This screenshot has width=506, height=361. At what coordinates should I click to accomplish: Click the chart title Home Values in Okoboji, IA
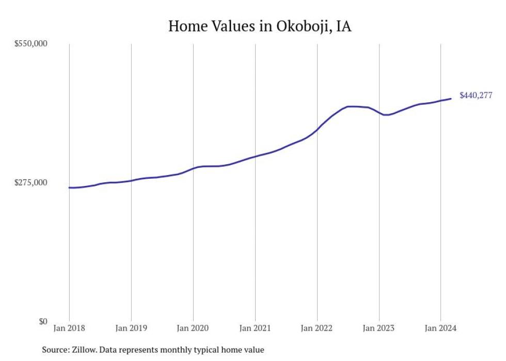[x=260, y=26]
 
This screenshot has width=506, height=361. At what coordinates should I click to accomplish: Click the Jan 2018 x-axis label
[x=69, y=328]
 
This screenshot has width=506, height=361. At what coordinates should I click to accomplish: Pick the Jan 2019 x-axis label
[x=131, y=328]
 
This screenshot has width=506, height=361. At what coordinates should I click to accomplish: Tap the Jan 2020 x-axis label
[x=193, y=328]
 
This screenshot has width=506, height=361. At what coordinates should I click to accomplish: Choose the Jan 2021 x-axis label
[x=255, y=328]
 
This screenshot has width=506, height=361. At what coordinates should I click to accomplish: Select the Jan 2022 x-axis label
[x=317, y=328]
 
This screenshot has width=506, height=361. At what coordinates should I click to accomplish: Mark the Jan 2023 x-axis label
[x=379, y=328]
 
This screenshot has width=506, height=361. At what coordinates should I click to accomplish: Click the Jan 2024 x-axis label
[x=440, y=328]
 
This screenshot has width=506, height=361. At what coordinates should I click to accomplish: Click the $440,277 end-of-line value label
[x=476, y=95]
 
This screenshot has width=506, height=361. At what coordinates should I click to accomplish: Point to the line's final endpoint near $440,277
[x=451, y=99]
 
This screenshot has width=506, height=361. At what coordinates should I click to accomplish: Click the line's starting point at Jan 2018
[x=69, y=187]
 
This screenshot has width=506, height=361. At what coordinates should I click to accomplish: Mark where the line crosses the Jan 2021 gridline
[x=255, y=156]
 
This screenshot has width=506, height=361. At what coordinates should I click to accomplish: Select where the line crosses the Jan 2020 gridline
[x=193, y=168]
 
